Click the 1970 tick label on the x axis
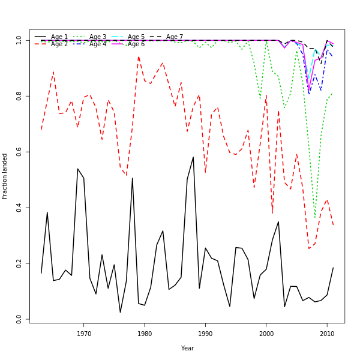tap(84, 333)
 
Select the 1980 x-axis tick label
tap(145, 333)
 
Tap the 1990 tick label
tap(205, 333)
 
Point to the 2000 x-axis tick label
tap(266, 333)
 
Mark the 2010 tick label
tap(327, 333)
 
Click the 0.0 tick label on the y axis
tap(19, 320)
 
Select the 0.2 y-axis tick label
tap(19, 264)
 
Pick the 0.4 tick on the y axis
tap(19, 208)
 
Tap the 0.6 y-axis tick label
tap(19, 152)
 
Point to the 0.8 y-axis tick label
tap(19, 96)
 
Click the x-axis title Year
tap(187, 348)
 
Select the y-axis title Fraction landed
tap(5, 176)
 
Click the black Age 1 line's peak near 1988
tap(193, 157)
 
